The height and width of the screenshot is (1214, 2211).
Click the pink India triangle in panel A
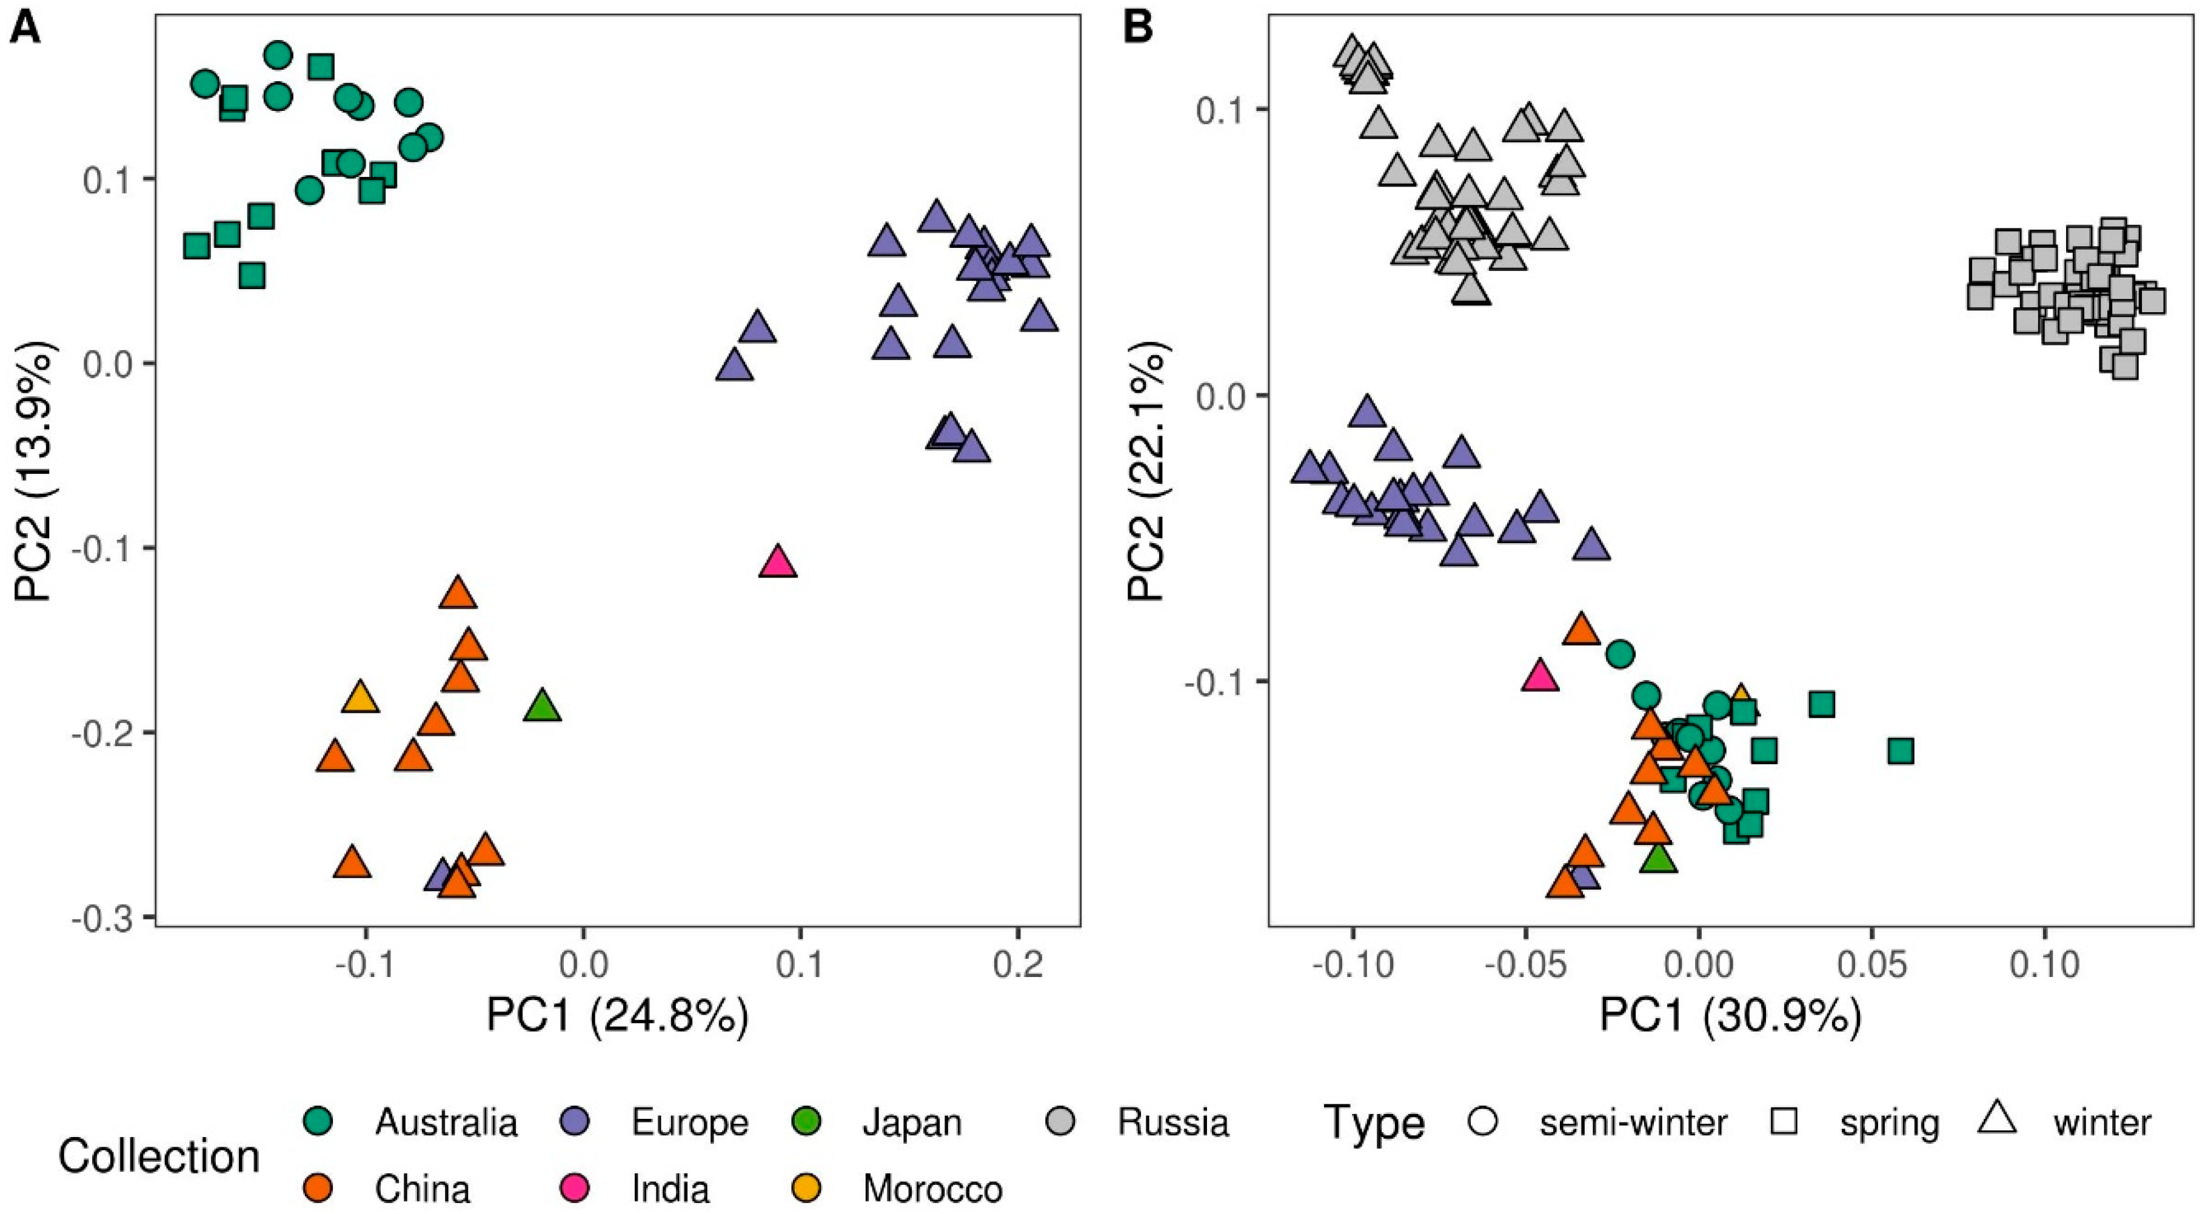point(778,563)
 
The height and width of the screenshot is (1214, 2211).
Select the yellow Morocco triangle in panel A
point(361,698)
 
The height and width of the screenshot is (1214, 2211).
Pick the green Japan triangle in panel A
point(541,707)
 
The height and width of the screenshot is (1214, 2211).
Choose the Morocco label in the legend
point(932,1189)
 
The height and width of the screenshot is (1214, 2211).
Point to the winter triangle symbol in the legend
point(1996,1119)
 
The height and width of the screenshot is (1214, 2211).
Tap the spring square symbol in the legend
point(1784,1121)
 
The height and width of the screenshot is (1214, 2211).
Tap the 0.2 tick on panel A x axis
point(1018,965)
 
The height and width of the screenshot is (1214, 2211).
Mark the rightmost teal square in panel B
point(1901,752)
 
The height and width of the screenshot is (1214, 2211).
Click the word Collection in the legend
point(159,1156)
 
